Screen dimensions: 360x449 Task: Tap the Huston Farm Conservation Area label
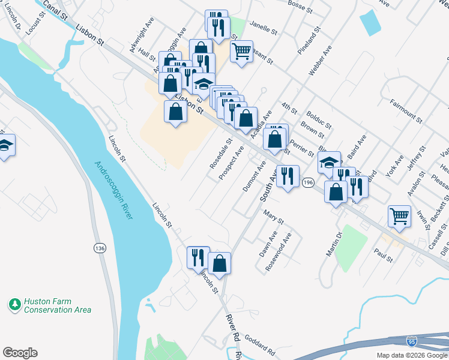[x=57, y=306]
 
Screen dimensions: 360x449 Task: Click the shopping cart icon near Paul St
[x=399, y=216]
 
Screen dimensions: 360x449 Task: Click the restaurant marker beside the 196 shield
[x=288, y=175]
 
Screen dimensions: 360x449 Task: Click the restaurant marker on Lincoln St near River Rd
[x=198, y=257]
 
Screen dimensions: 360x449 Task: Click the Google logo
[x=20, y=353]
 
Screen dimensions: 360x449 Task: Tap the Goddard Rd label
[x=259, y=347]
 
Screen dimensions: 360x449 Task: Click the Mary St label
[x=273, y=216]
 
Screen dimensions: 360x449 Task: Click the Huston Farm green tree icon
[x=15, y=305]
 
